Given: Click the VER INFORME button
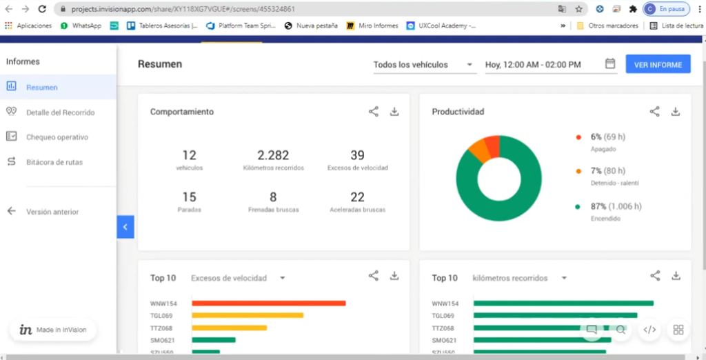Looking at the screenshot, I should [658, 64].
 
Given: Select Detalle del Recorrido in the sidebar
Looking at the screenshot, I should [60, 112].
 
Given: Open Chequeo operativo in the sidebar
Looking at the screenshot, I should [57, 137].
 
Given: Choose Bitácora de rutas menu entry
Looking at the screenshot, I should [54, 162].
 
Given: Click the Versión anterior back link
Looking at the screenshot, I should [52, 212].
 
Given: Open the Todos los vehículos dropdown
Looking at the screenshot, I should [424, 65].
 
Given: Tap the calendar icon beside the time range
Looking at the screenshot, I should [610, 63].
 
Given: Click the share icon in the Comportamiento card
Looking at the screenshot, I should [373, 111].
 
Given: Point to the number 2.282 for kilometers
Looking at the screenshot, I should [273, 155].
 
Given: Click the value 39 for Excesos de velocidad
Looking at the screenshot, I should [357, 155].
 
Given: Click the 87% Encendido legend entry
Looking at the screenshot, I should [607, 206].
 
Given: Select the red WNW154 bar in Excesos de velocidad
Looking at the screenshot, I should [268, 303].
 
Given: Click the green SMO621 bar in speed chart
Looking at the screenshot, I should [214, 340].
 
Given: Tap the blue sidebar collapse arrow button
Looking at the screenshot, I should [125, 226].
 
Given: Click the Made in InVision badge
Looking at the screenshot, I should [53, 330].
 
